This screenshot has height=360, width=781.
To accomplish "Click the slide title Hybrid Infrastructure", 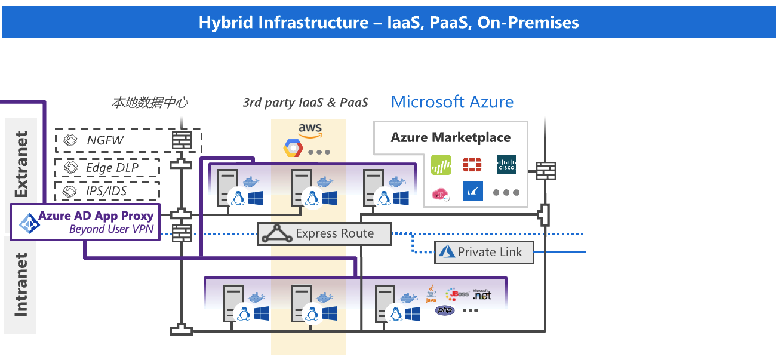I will click(389, 23).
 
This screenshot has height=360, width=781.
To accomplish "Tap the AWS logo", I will click(310, 130).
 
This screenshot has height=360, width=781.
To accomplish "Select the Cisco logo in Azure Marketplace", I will click(506, 165).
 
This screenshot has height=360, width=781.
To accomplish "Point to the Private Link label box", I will click(484, 252).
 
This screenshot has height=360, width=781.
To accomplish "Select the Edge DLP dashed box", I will click(107, 168).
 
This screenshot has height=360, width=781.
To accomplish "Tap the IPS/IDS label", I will click(107, 191).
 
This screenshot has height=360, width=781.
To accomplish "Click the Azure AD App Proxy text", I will click(96, 216).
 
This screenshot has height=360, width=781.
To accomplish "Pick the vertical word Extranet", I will click(21, 164).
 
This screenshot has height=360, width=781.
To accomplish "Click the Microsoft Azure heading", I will click(452, 101).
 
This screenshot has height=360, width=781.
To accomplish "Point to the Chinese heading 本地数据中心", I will click(149, 103).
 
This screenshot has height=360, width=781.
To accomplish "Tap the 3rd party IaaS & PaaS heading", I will click(305, 103).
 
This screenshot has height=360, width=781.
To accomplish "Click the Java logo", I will click(431, 294).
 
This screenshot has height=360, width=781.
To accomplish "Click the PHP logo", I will click(445, 310).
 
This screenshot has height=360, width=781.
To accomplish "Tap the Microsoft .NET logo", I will click(482, 294).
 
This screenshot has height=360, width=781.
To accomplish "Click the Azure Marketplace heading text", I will click(450, 137).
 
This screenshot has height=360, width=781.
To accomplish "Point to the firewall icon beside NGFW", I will click(181, 141).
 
